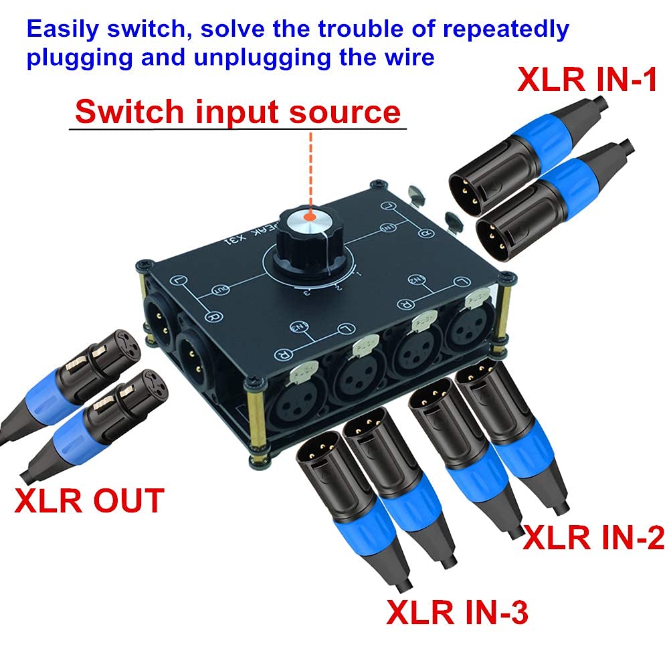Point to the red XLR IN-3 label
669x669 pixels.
(x=457, y=611)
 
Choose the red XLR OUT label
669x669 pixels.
(x=89, y=501)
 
